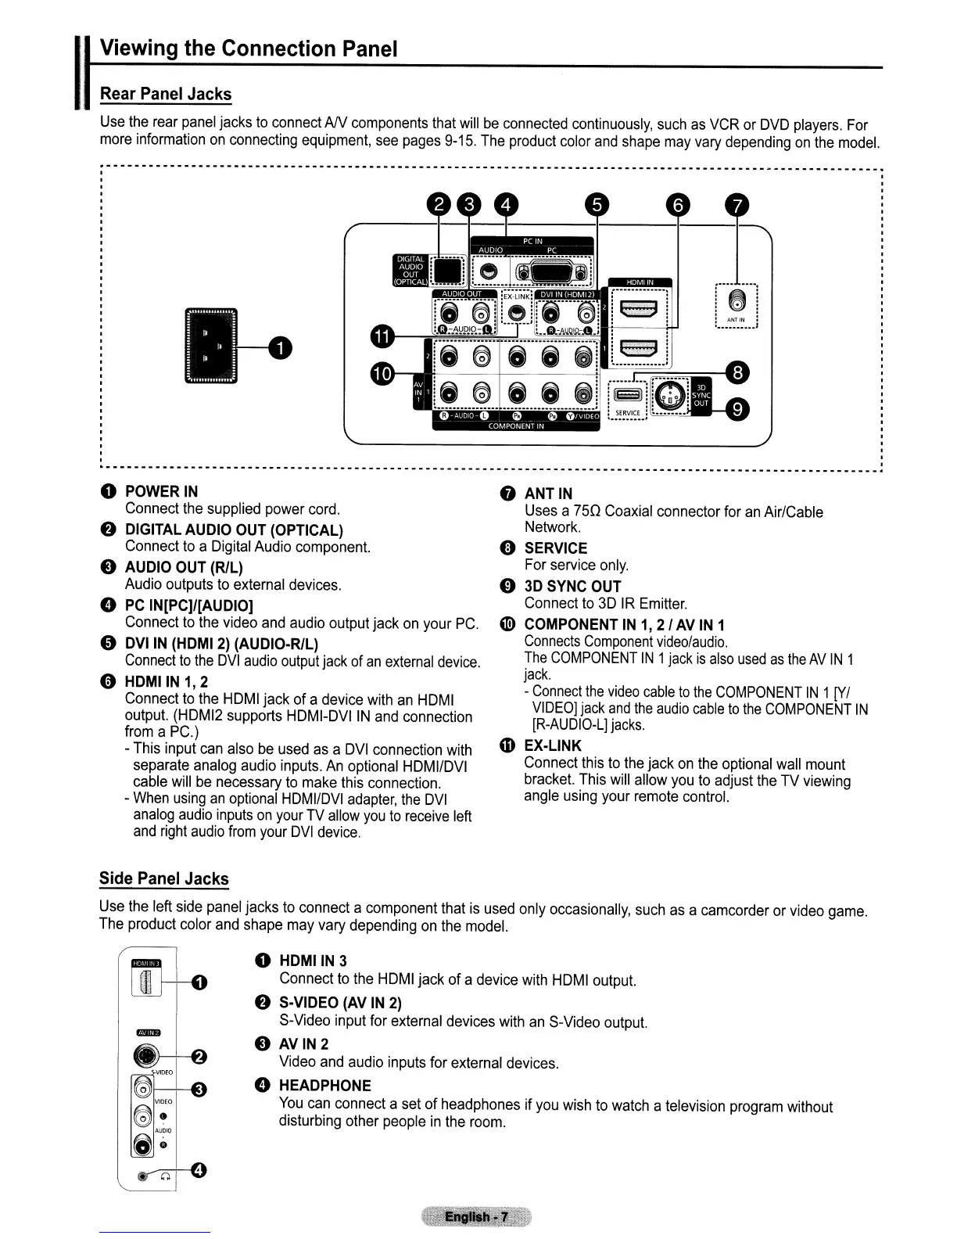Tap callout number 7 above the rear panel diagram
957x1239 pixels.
(737, 206)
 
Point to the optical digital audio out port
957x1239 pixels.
(448, 271)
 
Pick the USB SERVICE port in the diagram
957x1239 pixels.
(627, 395)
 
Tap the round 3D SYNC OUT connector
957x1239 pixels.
(669, 395)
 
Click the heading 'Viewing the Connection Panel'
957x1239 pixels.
(249, 48)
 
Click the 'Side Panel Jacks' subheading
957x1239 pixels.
(164, 878)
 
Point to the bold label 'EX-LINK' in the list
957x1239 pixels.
(553, 745)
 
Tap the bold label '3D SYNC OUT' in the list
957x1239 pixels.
(572, 586)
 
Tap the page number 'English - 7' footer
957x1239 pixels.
(475, 1217)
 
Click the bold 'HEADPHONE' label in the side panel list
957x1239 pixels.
(325, 1085)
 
